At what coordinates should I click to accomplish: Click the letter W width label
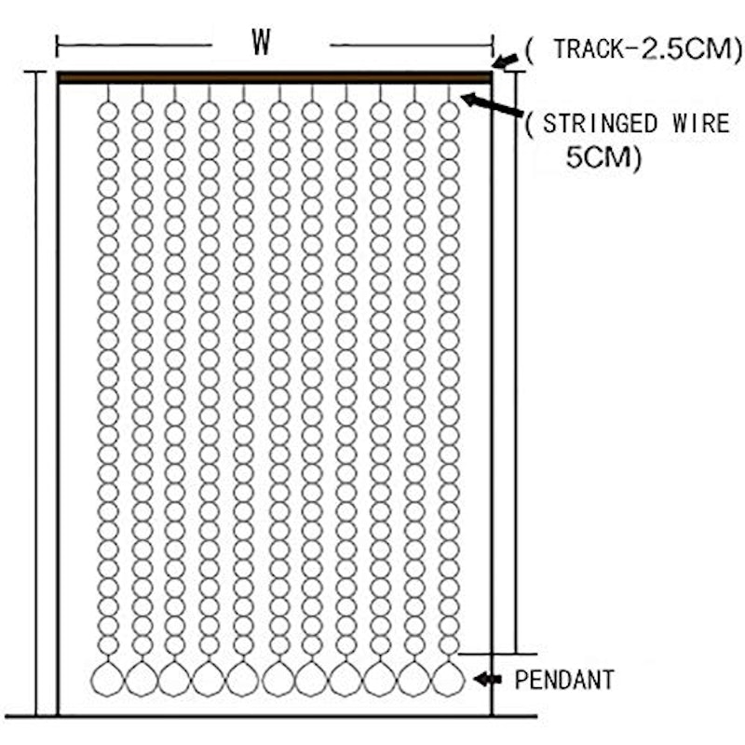262,42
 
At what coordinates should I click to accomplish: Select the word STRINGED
600,124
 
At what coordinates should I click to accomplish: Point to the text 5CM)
603,157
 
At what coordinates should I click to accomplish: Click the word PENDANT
564,680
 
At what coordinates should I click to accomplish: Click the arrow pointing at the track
505,61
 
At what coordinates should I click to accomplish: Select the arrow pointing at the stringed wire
492,105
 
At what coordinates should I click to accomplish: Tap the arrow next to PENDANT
487,680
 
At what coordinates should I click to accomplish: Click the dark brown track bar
275,78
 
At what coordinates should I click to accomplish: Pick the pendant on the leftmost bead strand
108,679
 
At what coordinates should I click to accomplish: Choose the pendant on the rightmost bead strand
449,679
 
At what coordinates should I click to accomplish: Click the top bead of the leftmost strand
108,112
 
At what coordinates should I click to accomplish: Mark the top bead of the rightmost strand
449,112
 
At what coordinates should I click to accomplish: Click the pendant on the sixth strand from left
278,679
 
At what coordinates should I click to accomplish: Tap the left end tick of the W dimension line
57,46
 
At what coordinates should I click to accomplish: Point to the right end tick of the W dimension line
494,46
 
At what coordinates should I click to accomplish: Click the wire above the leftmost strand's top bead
108,93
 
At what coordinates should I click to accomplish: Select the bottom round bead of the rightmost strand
449,645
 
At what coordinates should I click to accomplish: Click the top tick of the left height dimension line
35,73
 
